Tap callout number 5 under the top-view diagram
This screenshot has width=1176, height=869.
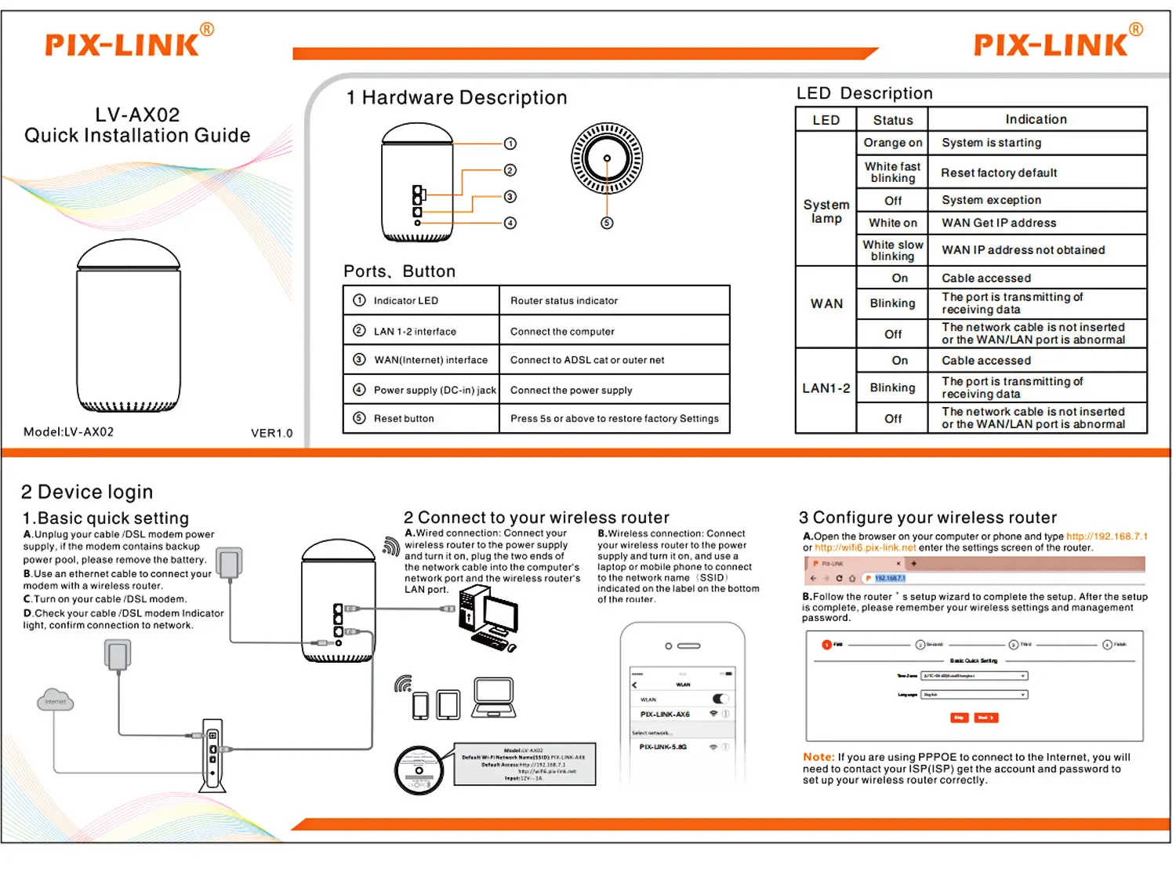[x=607, y=223]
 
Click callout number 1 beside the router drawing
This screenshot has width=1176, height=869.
[x=510, y=144]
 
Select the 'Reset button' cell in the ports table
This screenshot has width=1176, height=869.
[x=404, y=419]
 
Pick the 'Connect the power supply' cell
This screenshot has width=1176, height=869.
[x=571, y=390]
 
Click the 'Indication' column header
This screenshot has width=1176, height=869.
[x=1036, y=119]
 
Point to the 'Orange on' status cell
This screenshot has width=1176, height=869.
[x=892, y=143]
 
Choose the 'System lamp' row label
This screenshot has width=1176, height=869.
[x=826, y=211]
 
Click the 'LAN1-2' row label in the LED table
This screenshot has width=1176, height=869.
[x=826, y=388]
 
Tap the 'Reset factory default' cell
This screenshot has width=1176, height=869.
[x=999, y=173]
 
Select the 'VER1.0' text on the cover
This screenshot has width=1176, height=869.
[x=271, y=433]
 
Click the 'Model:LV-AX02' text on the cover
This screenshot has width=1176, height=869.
[x=69, y=432]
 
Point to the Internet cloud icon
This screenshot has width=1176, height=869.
[x=56, y=700]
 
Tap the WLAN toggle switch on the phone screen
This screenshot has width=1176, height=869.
[x=720, y=698]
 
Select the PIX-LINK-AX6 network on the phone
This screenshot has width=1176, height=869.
[x=665, y=714]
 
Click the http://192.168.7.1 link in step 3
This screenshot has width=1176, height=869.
[x=1106, y=536]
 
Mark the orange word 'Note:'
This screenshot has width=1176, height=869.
[x=818, y=757]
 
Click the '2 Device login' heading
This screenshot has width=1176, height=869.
[x=87, y=492]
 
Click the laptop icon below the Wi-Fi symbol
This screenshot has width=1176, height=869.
[x=494, y=697]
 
